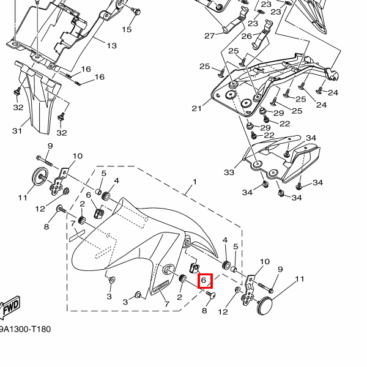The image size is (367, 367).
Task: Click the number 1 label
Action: (x=195, y=182)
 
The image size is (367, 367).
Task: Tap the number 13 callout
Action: (x=111, y=46)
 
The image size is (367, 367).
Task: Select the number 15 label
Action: (x=127, y=29)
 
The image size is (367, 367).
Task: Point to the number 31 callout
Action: (x=17, y=131)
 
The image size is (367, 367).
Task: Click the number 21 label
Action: (x=196, y=109)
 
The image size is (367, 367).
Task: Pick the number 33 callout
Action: (x=229, y=172)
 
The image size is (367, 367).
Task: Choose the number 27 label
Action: (x=210, y=35)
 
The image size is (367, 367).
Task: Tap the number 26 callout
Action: (x=247, y=36)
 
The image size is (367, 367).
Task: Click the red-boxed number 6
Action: (x=205, y=280)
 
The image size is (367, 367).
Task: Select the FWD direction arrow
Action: (x=10, y=310)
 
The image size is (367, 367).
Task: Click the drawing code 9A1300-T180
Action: (x=24, y=330)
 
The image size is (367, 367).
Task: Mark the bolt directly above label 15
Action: (x=136, y=11)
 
